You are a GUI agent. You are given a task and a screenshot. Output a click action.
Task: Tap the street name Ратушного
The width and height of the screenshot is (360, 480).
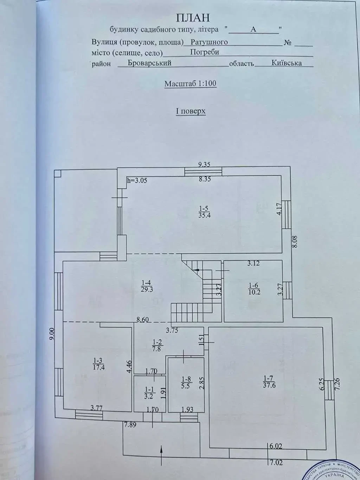coord(209,42)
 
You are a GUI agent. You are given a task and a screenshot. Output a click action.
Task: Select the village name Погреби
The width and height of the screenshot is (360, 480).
coord(205,52)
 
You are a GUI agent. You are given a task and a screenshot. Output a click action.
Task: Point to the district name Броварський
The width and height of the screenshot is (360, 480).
coord(149,63)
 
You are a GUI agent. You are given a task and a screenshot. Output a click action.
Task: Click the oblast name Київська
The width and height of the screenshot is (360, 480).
coord(287,63)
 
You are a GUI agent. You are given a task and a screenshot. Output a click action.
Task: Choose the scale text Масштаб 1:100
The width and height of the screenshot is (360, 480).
coord(190,84)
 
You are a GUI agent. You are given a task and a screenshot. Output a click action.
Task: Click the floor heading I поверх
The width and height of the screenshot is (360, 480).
coord(191,111)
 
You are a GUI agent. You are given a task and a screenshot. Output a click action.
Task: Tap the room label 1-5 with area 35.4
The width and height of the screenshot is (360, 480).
coord(204,212)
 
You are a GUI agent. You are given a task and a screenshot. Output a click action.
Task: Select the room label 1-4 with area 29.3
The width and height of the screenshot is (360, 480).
coord(147,286)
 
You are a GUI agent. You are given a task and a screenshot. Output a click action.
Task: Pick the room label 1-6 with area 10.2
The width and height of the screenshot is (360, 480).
coord(254,289)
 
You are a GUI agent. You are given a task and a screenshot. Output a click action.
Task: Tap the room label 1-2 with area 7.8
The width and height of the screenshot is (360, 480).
coord(156,345)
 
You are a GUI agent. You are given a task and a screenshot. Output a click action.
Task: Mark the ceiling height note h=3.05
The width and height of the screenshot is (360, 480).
coord(137,181)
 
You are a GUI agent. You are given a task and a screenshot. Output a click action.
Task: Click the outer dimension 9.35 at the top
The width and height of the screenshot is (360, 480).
coord(204,164)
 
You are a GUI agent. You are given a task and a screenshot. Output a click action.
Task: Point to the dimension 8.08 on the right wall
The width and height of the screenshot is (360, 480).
coord(295,241)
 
